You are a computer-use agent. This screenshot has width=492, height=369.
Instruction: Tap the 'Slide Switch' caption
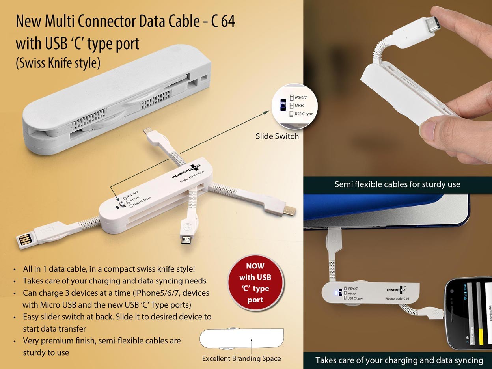click(277, 136)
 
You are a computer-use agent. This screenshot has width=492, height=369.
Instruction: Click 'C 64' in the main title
click(223, 22)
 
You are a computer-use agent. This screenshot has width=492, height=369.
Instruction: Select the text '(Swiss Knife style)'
click(58, 63)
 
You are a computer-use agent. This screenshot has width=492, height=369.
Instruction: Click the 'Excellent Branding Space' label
click(241, 358)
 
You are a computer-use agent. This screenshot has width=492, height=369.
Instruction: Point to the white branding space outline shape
click(241, 338)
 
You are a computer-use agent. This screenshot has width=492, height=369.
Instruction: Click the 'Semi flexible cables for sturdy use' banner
click(397, 184)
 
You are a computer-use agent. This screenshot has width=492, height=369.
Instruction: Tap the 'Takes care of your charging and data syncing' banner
click(399, 360)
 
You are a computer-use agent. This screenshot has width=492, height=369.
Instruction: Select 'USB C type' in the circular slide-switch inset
click(304, 114)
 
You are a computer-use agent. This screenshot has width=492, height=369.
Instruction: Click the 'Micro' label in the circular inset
click(300, 106)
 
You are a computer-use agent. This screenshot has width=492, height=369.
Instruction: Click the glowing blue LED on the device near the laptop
click(335, 293)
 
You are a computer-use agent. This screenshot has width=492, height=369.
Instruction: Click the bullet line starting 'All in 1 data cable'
click(109, 269)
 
